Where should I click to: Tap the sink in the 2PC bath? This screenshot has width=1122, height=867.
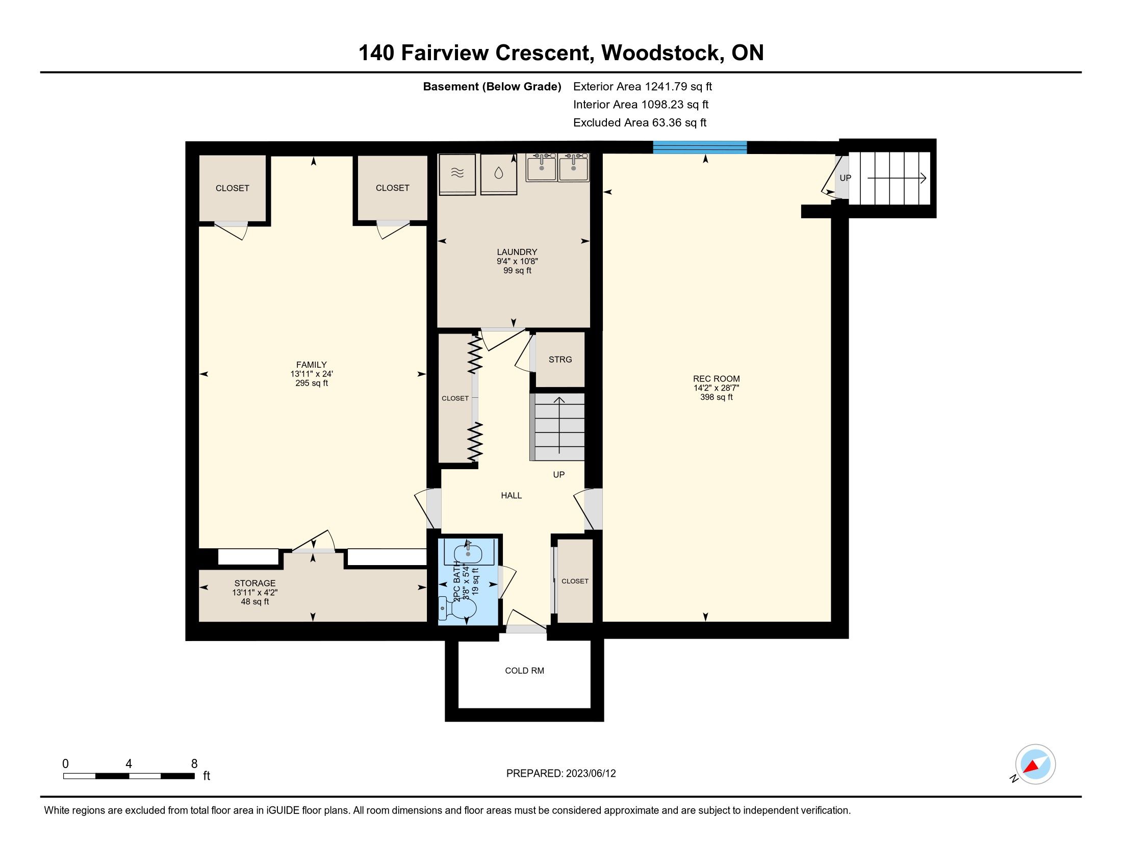pyautogui.click(x=468, y=552)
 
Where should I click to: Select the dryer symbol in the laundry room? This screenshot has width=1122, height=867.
pyautogui.click(x=457, y=174)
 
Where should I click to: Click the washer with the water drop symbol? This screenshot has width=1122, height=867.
pyautogui.click(x=498, y=174)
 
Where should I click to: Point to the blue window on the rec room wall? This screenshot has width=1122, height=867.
pyautogui.click(x=700, y=147)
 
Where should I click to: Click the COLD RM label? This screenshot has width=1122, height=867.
pyautogui.click(x=524, y=671)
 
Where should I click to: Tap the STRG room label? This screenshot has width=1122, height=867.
pyautogui.click(x=560, y=360)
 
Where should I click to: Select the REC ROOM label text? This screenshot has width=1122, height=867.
pyautogui.click(x=716, y=379)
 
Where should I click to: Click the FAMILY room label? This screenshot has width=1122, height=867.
pyautogui.click(x=311, y=365)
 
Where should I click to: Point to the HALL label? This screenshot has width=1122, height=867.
pyautogui.click(x=511, y=496)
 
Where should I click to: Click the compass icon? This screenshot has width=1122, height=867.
pyautogui.click(x=1035, y=764)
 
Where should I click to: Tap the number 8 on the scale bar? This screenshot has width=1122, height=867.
pyautogui.click(x=194, y=764)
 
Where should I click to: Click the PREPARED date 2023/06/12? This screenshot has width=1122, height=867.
pyautogui.click(x=591, y=774)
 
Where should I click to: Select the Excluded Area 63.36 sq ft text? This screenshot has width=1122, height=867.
pyautogui.click(x=640, y=123)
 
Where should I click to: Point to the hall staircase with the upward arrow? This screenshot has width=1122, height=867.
pyautogui.click(x=558, y=427)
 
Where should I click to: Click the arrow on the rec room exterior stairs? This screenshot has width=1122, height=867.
pyautogui.click(x=897, y=178)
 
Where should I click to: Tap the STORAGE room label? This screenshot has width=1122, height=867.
pyautogui.click(x=255, y=583)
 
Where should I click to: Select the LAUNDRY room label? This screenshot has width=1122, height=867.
pyautogui.click(x=517, y=252)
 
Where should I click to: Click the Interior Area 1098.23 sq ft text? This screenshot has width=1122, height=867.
pyautogui.click(x=641, y=105)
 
